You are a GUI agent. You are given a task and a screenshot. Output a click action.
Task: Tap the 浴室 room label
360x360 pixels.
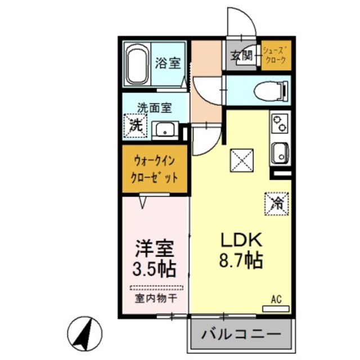pos(168,63)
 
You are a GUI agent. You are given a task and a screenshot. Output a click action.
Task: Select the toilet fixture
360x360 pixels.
pos(270,90)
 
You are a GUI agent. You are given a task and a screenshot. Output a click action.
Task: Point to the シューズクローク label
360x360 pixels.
pos(276,55)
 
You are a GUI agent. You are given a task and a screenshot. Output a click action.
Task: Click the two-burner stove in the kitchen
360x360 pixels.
pos(278,126)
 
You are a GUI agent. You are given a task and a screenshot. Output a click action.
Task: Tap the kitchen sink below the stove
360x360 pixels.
pos(279,152)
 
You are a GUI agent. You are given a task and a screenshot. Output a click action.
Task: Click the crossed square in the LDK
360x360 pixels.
pos(243,161)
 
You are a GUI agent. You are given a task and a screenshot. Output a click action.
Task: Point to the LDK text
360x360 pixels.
pos(241,241)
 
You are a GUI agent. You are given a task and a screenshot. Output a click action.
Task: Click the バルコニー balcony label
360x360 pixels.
pos(242,335)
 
